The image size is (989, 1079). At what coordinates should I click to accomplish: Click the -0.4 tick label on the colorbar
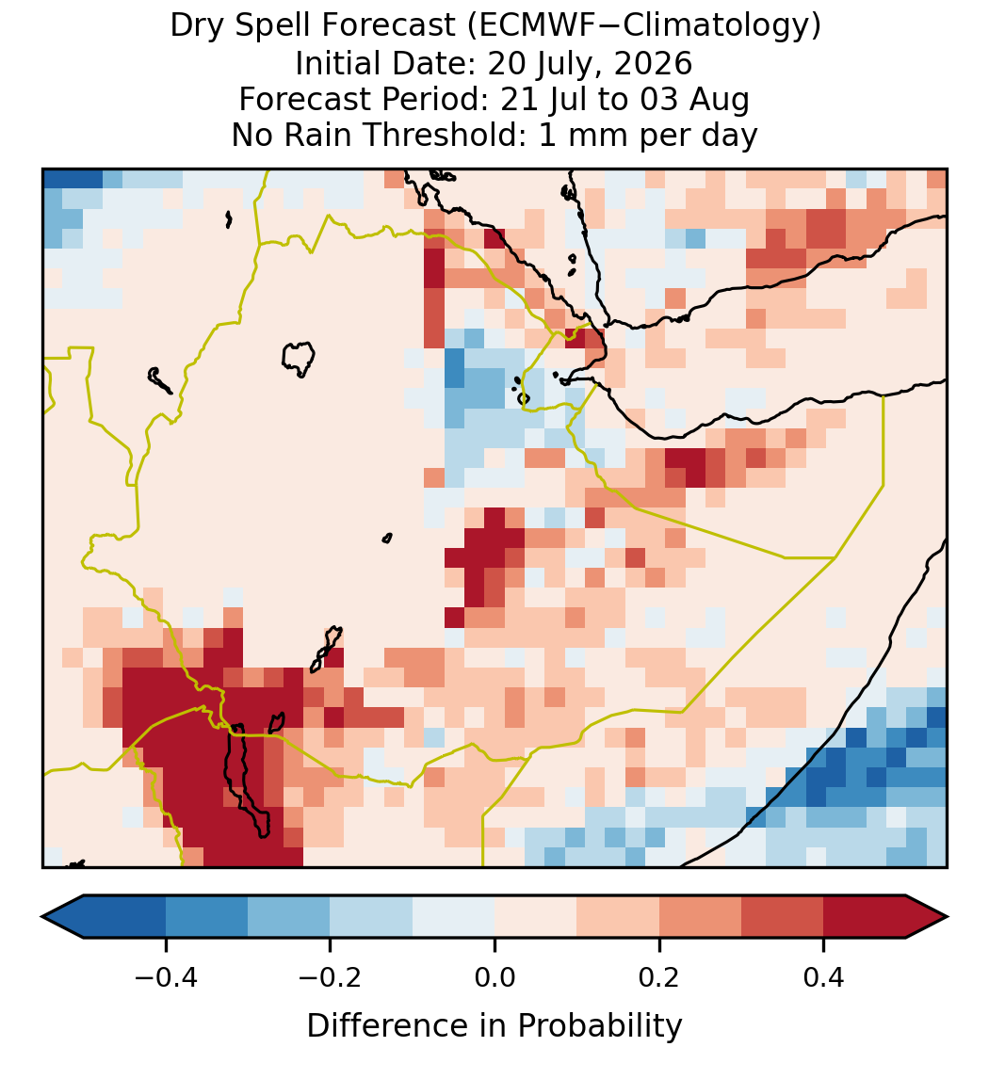pyautogui.click(x=166, y=976)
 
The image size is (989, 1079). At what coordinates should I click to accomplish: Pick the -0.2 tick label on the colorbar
pyautogui.click(x=331, y=976)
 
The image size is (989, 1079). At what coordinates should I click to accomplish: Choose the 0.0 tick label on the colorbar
pyautogui.click(x=494, y=976)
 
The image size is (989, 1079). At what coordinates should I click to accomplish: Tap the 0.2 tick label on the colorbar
pyautogui.click(x=659, y=976)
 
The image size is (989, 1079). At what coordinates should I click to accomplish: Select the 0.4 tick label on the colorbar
pyautogui.click(x=824, y=976)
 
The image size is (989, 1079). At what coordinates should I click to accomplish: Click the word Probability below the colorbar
pyautogui.click(x=599, y=1026)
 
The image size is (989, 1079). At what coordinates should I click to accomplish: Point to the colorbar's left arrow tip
pyautogui.click(x=42, y=917)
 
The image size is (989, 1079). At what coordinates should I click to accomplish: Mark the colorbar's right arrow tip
pyautogui.click(x=948, y=917)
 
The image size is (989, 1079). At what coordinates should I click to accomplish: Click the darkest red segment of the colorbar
pyautogui.click(x=865, y=917)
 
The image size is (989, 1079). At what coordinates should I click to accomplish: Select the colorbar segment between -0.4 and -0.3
pyautogui.click(x=206, y=917)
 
